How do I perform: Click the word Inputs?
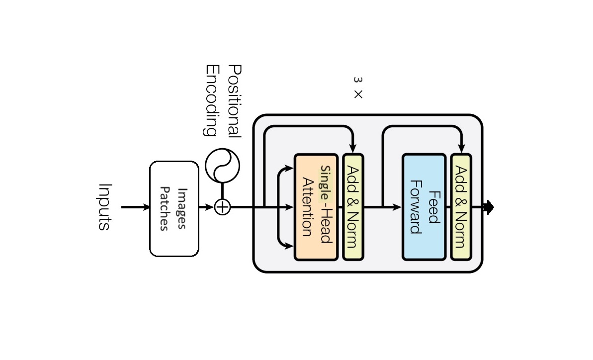click(x=104, y=207)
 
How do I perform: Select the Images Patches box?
click(x=174, y=208)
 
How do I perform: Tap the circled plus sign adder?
click(x=222, y=207)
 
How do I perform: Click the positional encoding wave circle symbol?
click(x=222, y=166)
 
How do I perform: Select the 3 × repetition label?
click(x=358, y=87)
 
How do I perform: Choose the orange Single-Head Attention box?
click(x=316, y=207)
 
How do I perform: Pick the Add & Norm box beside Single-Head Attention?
click(x=353, y=207)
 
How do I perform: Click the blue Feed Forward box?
click(x=424, y=207)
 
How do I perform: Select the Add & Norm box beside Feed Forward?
click(x=460, y=207)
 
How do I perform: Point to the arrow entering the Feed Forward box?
click(x=393, y=207)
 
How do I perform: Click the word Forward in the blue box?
click(x=416, y=207)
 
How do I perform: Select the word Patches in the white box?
click(x=166, y=209)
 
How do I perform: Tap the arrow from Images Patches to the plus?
click(x=206, y=207)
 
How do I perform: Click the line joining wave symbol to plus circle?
click(x=222, y=190)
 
